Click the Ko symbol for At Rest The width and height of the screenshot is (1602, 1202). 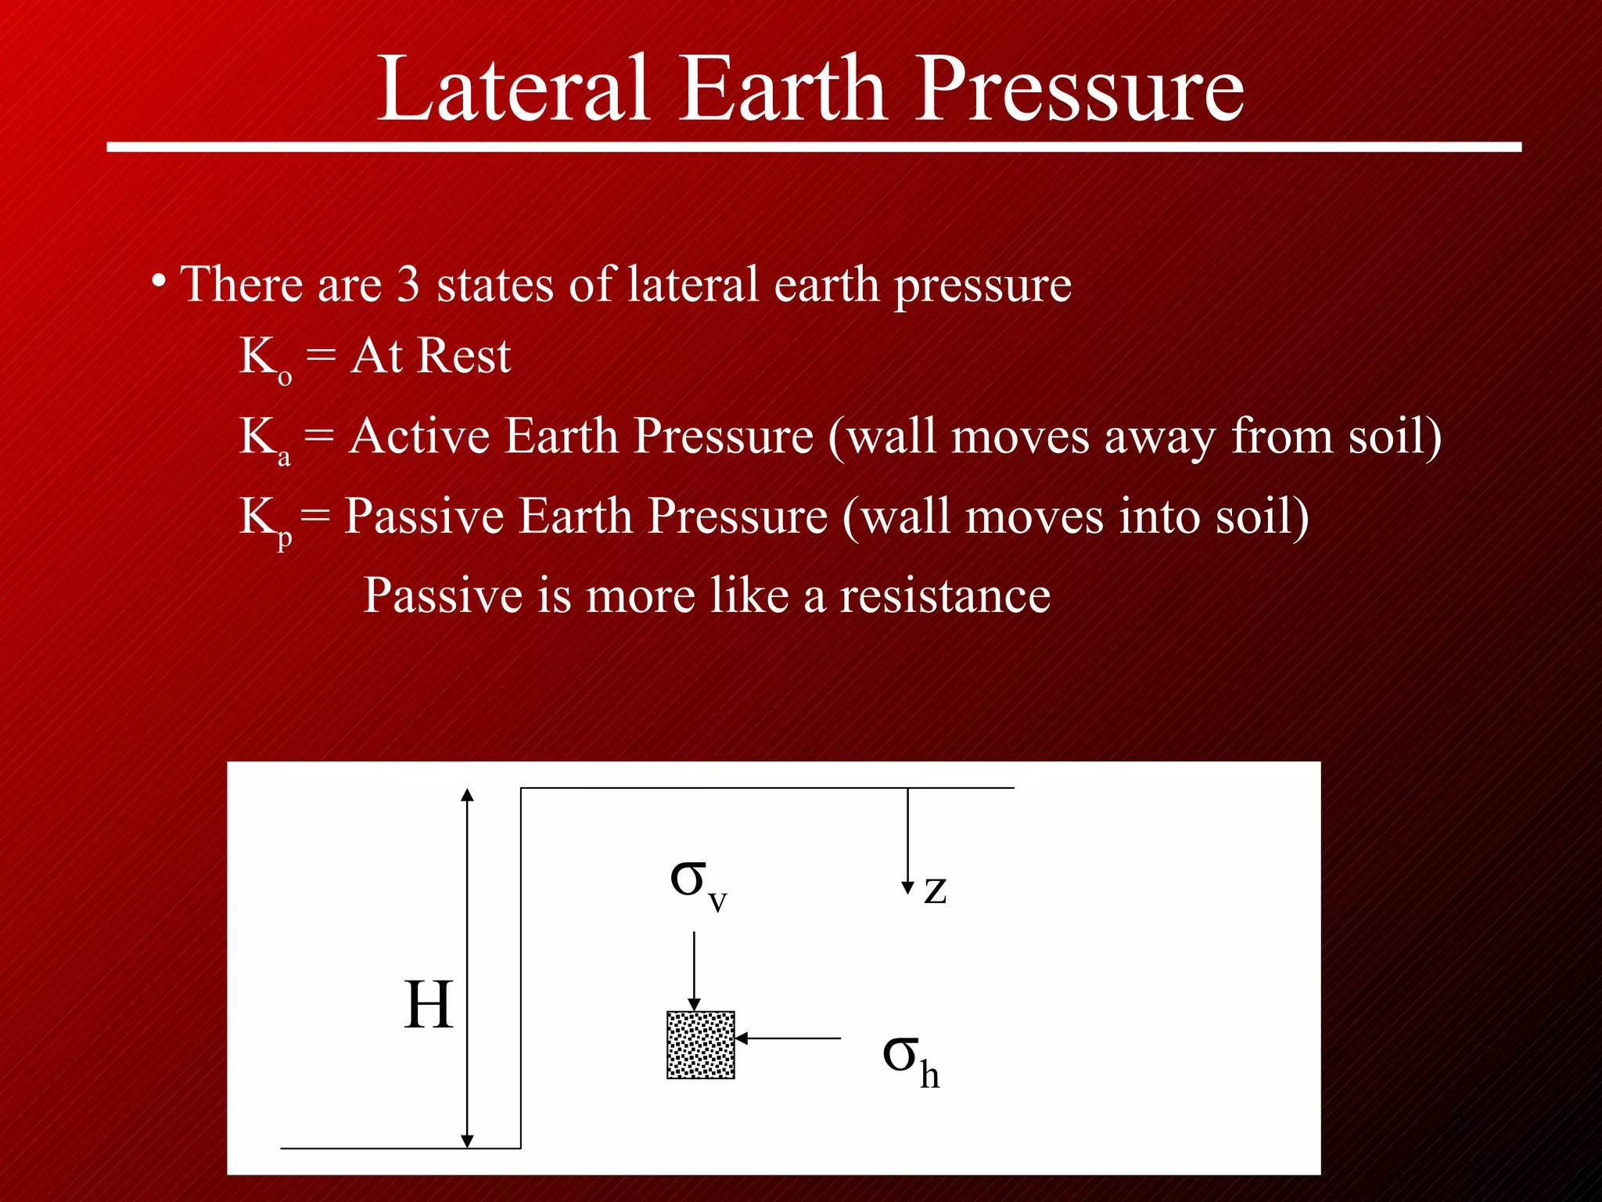(x=264, y=360)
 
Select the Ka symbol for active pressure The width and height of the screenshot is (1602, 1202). (x=264, y=440)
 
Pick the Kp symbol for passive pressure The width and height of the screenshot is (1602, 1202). (x=264, y=520)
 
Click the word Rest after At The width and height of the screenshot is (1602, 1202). (x=464, y=356)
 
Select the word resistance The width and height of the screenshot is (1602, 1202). (x=945, y=596)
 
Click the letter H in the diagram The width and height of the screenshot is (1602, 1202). (x=429, y=1005)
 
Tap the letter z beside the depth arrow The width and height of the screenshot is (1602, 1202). (x=935, y=891)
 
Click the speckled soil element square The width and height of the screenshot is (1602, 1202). (x=700, y=1045)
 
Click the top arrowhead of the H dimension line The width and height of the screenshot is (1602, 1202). (x=467, y=796)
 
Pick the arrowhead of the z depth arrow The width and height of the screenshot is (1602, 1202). (x=907, y=887)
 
